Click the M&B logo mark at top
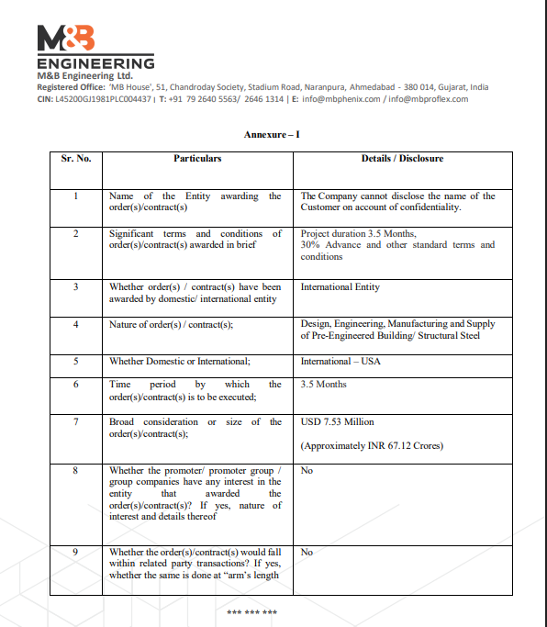[x=66, y=38]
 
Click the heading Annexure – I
[x=272, y=135]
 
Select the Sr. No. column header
[x=76, y=159]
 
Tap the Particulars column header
[x=197, y=159]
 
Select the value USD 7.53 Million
[x=337, y=422]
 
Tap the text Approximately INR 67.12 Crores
[x=372, y=446]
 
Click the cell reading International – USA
[x=340, y=361]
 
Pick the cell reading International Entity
[x=340, y=287]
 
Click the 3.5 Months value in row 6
[x=323, y=385]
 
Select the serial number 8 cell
[x=76, y=471]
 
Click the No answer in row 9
[x=307, y=552]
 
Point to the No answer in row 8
[x=307, y=471]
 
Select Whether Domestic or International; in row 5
[x=180, y=361]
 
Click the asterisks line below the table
[x=251, y=611]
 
